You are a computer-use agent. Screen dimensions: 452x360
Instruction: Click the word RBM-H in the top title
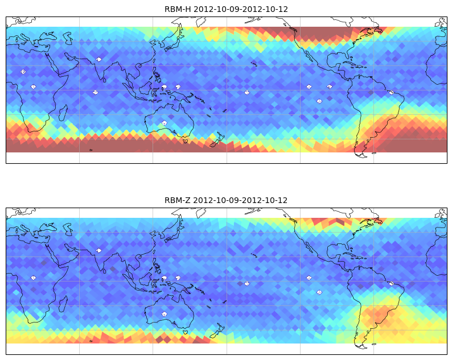178,9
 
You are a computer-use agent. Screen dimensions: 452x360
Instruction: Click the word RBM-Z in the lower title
177,200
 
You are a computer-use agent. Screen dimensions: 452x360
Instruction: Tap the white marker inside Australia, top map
165,123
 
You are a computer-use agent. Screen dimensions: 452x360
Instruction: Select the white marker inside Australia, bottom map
165,314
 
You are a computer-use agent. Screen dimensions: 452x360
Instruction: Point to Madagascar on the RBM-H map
63,113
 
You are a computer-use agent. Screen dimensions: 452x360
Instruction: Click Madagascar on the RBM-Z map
63,304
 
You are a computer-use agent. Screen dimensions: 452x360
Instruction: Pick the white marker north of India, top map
99,59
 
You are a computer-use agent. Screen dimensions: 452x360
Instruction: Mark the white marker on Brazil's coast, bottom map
391,284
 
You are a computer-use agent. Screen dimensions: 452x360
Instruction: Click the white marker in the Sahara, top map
23,72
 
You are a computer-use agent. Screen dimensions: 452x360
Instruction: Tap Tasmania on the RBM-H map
186,141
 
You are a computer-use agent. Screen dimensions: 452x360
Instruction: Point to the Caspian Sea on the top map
68,38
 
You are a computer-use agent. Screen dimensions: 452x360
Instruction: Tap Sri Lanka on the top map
104,80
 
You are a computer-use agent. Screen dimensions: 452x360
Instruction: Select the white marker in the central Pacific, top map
246,93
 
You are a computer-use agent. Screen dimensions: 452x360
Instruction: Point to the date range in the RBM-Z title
240,200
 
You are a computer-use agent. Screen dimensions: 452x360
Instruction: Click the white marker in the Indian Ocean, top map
95,93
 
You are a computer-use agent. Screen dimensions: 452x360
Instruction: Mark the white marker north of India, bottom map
99,250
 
